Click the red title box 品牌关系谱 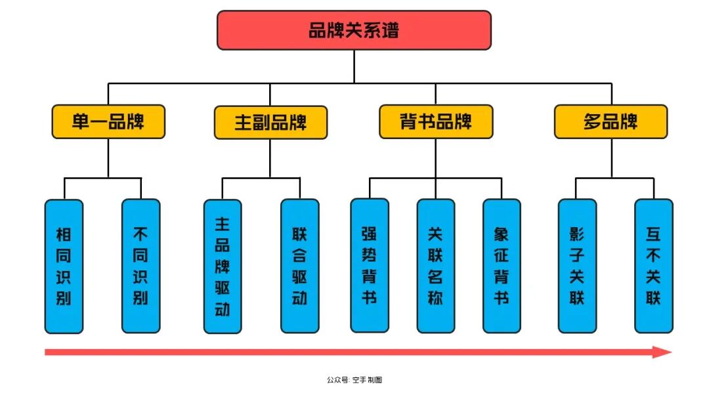point(354,30)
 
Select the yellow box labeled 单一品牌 point(108,122)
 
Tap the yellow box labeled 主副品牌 point(270,123)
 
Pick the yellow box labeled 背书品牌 point(436,122)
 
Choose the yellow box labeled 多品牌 point(611,122)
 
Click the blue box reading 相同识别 point(64,266)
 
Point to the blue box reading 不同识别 point(140,266)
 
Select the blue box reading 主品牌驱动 point(223,266)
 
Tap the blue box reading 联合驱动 point(299,266)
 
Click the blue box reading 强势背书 point(370,265)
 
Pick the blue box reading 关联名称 point(435,265)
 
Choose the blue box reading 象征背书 point(502,265)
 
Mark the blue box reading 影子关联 point(577,265)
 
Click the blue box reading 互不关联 point(653,265)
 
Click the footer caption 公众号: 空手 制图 point(354,380)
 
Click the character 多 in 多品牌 point(593,122)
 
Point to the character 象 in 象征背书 point(502,234)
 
